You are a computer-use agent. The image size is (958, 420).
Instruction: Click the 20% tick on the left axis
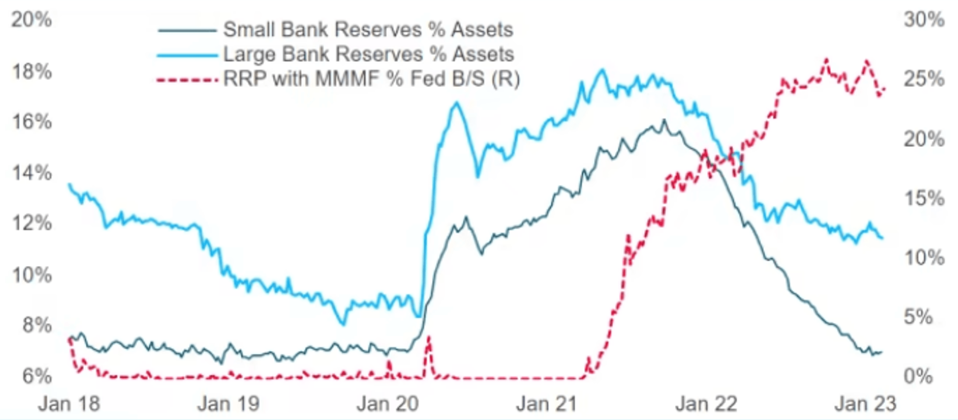click(31, 20)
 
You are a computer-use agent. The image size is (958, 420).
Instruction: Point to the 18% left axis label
click(32, 71)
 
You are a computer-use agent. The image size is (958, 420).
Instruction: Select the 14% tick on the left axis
click(32, 173)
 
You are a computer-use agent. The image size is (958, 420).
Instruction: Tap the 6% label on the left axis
click(36, 376)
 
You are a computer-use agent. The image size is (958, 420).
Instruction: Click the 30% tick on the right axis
click(924, 19)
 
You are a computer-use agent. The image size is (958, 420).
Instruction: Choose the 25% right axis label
click(924, 79)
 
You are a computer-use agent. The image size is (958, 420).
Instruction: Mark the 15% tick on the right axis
click(924, 198)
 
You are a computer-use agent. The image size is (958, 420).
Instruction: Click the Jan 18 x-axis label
click(69, 404)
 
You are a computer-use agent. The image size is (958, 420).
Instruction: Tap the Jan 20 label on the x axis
click(388, 404)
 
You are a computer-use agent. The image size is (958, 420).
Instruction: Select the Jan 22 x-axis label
click(706, 404)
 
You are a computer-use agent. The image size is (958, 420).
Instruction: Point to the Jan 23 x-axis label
click(865, 404)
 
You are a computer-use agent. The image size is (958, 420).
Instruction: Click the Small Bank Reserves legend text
click(368, 29)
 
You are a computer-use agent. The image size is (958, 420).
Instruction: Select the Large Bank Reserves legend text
click(368, 54)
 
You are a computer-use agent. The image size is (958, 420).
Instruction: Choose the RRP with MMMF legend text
click(371, 79)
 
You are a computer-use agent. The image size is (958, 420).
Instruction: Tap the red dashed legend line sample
click(187, 80)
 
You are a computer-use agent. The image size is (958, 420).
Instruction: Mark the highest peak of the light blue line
click(603, 70)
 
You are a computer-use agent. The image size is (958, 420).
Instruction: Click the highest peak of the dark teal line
click(664, 120)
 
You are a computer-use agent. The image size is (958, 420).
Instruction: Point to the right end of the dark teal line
click(881, 352)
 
